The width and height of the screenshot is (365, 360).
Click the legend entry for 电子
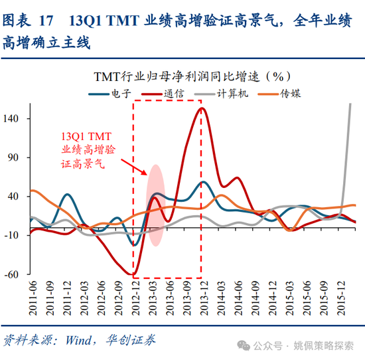tap(117, 94)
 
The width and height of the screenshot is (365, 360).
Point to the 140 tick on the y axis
tap(16, 119)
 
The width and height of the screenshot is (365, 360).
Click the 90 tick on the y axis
tap(18, 157)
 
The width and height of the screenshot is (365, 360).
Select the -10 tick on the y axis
tap(16, 235)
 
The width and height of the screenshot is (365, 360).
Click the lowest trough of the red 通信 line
tap(134, 275)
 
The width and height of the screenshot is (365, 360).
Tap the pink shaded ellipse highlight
tap(155, 206)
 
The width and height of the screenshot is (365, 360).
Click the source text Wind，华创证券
tap(110, 340)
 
